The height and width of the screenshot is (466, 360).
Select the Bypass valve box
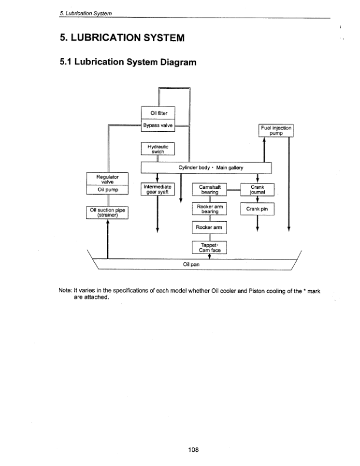click(x=159, y=125)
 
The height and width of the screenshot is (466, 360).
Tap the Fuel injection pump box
click(x=276, y=131)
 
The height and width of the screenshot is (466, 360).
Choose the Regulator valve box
click(x=108, y=179)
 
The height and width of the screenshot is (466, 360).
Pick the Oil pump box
click(x=108, y=189)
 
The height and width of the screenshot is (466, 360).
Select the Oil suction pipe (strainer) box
click(x=108, y=212)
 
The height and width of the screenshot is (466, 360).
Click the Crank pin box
click(x=258, y=208)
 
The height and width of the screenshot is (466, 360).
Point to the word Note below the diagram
click(x=64, y=291)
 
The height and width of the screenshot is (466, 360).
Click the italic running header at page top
click(x=89, y=13)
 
